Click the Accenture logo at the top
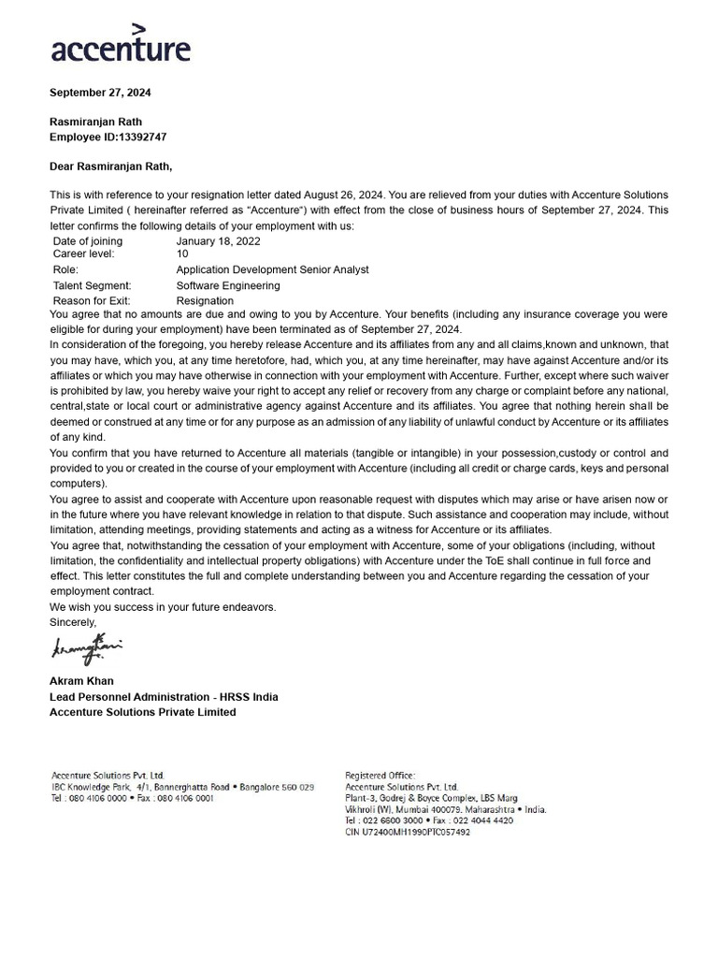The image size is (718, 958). [x=120, y=45]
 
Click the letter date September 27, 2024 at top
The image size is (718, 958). [x=100, y=93]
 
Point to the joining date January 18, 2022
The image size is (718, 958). [x=217, y=241]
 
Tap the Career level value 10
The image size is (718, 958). [x=182, y=254]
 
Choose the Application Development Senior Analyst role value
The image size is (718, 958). [x=272, y=269]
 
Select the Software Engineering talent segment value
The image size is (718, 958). [x=227, y=285]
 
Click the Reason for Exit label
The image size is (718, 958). [x=96, y=300]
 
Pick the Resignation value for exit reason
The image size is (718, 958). [x=205, y=300]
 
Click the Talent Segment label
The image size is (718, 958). [x=92, y=285]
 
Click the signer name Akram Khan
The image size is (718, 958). [x=81, y=681]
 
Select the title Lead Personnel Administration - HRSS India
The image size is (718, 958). [x=164, y=697]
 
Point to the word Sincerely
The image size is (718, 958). [x=73, y=622]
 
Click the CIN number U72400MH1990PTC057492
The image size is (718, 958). [x=408, y=832]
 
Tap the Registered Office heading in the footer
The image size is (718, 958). [x=373, y=776]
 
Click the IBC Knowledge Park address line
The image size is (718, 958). [x=182, y=787]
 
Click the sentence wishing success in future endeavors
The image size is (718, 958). [x=163, y=607]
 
